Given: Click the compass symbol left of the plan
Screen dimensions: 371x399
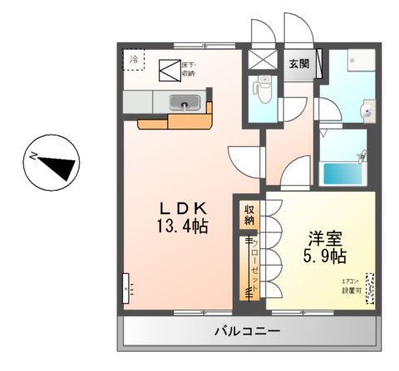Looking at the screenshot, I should click(52, 163).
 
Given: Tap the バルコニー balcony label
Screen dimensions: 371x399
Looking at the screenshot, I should click(247, 330).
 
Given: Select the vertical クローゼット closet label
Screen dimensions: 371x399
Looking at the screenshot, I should click(249, 270).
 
